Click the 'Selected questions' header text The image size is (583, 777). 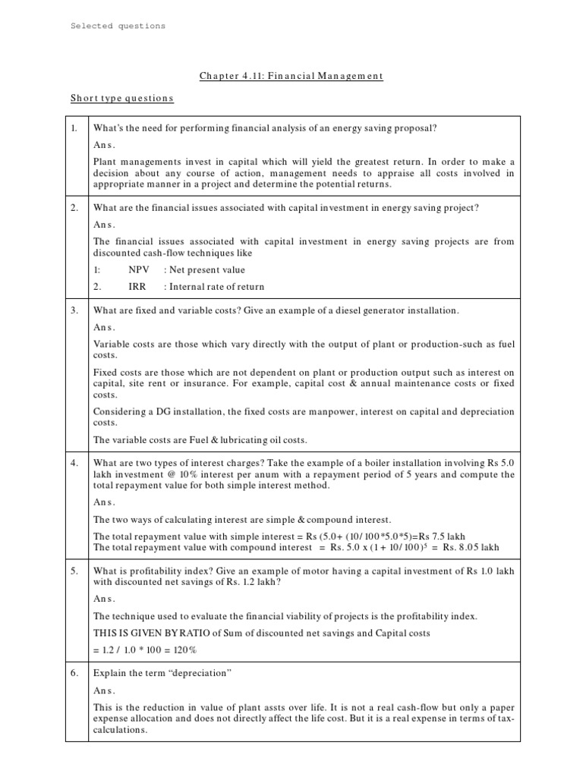click(118, 26)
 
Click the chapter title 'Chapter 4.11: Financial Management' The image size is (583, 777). click(291, 75)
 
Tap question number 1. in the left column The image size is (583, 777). click(74, 129)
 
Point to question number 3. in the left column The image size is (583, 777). click(74, 311)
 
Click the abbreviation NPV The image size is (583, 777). click(139, 269)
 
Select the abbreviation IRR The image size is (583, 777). click(137, 287)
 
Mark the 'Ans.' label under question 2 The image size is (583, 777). click(105, 225)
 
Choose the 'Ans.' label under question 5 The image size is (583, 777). click(105, 599)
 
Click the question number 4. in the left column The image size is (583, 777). click(74, 463)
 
